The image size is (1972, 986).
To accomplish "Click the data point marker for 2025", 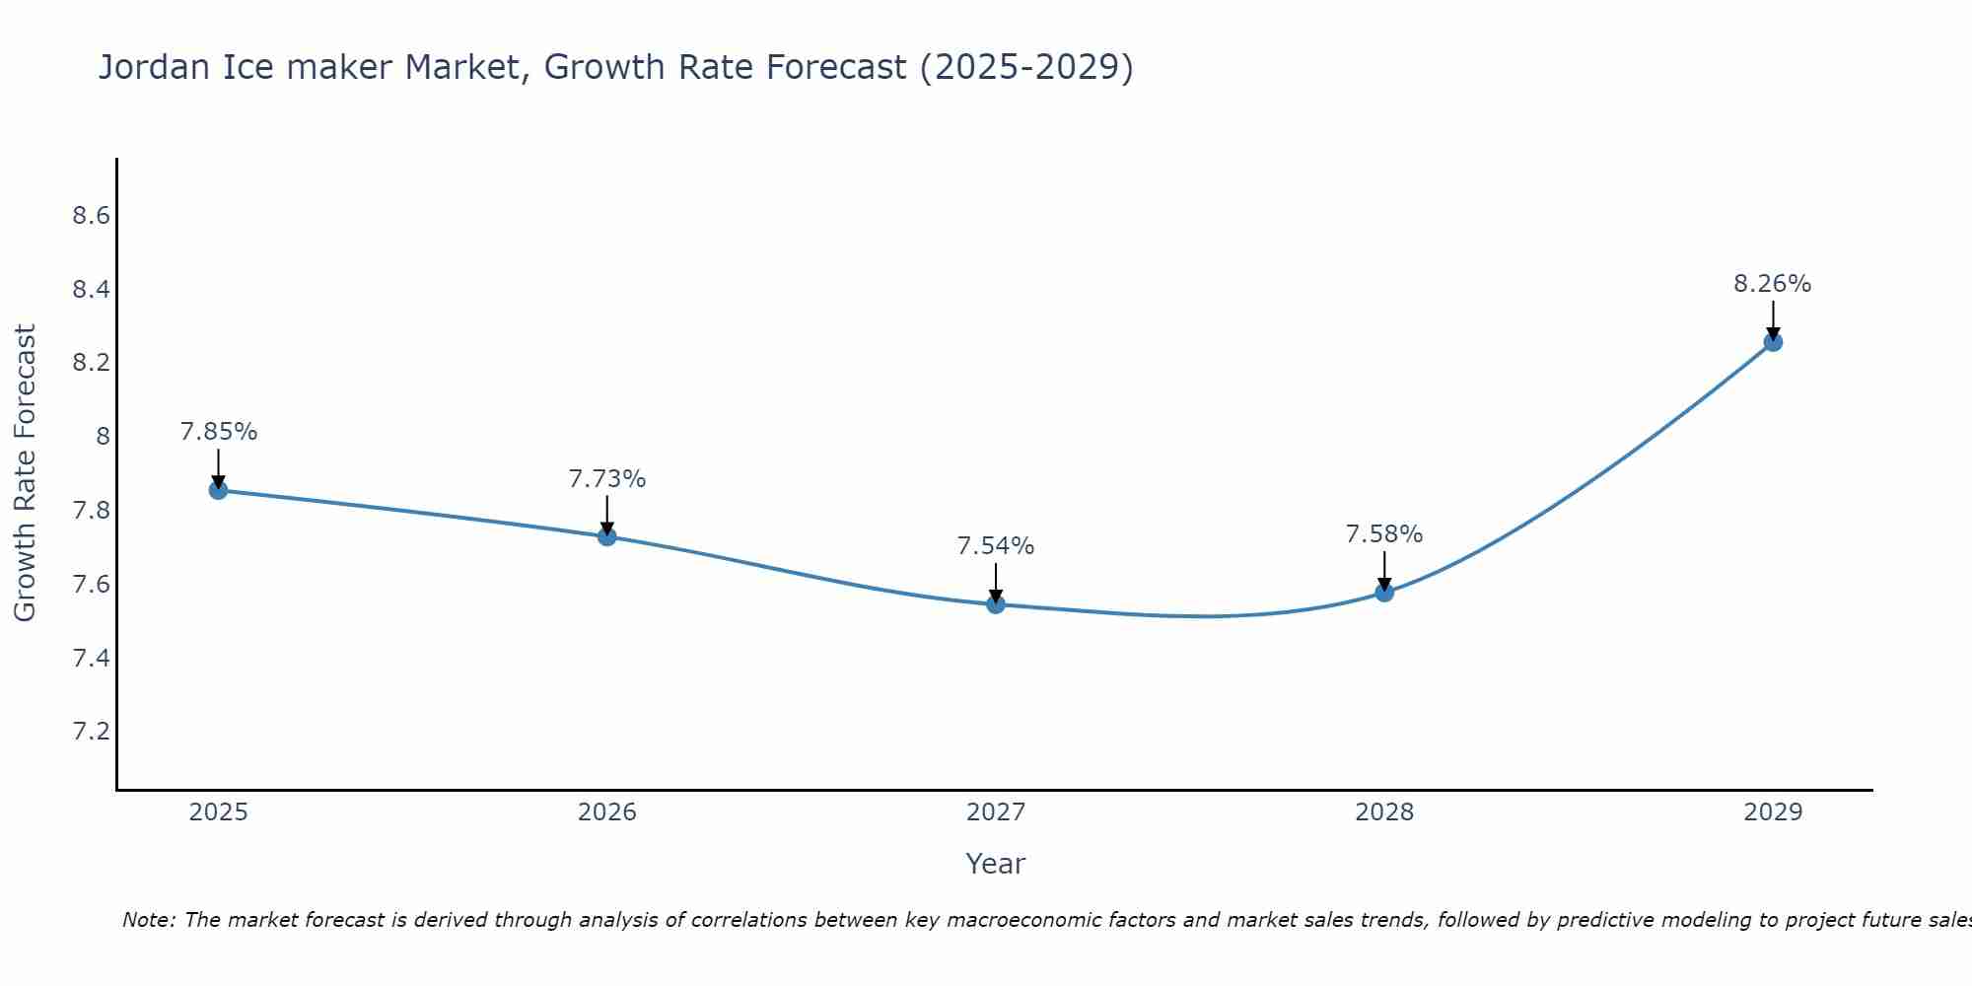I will click(x=218, y=490).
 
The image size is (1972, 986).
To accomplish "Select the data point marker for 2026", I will click(x=607, y=536).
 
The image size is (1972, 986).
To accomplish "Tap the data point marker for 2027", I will click(x=996, y=604).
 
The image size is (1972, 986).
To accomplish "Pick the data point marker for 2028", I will click(x=1384, y=592).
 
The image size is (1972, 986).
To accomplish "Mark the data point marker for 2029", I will click(x=1773, y=342).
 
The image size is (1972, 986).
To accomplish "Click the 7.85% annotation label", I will click(x=218, y=432).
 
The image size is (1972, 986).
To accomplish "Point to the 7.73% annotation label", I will click(x=607, y=479).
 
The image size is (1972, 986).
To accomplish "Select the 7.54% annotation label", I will click(x=996, y=546).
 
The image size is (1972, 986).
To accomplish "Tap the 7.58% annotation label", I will click(x=1384, y=534).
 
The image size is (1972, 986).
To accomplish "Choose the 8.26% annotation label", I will click(x=1773, y=284).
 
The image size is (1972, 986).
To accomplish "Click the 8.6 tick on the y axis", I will click(x=91, y=216).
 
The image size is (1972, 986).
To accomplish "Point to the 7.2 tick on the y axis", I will click(x=91, y=732).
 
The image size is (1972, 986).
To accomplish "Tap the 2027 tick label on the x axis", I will click(x=996, y=812).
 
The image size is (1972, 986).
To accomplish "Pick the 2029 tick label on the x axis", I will click(x=1773, y=812).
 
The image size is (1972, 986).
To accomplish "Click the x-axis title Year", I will click(x=996, y=864).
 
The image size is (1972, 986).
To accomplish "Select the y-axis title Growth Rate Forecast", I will click(x=25, y=473).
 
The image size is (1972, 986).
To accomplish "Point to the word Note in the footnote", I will click(x=148, y=920).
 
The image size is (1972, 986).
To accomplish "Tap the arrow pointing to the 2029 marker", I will click(x=1773, y=321).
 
